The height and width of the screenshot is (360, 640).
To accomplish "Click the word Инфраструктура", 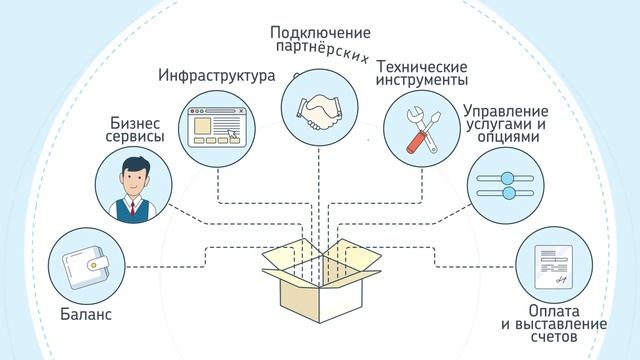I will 216,76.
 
